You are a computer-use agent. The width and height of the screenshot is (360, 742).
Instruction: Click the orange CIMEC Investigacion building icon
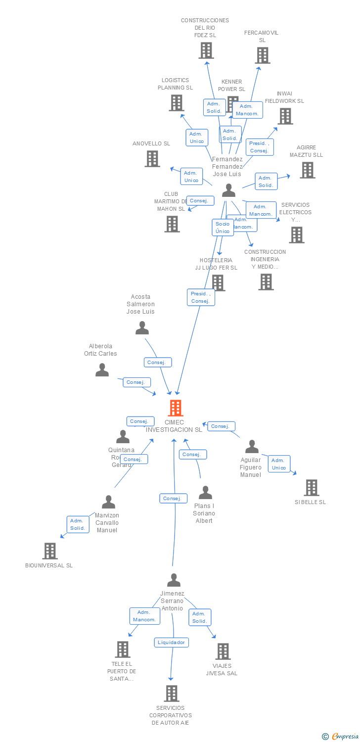point(176,408)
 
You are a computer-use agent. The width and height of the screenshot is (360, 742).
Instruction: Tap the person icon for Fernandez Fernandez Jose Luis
point(228,190)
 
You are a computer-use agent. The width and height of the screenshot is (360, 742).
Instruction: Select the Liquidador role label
point(171,643)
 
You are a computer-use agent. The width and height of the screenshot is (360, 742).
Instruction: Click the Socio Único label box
point(223,228)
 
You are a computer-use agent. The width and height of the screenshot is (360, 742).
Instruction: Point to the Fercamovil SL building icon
point(263,55)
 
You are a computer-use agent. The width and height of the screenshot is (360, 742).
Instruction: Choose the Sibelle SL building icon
point(312,488)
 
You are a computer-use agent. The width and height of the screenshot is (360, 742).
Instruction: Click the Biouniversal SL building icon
point(50,551)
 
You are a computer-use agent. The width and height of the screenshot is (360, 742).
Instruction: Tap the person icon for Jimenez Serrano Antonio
point(174,580)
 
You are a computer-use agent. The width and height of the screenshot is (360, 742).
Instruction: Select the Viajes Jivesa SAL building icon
point(223,651)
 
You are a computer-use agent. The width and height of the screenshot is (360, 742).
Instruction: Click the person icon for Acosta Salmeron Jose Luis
point(142,328)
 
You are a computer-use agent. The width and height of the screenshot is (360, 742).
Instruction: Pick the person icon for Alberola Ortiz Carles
point(102,370)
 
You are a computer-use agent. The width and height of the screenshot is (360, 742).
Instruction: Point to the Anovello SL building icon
point(152,159)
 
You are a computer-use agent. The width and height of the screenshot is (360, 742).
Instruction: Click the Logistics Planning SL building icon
point(176,103)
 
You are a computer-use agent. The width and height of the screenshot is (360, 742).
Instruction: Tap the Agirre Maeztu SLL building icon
point(308,170)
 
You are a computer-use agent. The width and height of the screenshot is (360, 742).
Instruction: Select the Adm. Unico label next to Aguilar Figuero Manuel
point(279,464)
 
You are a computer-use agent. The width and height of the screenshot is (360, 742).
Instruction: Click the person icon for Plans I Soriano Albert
point(205,493)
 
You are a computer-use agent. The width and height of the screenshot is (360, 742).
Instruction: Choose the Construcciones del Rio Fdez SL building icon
point(206,50)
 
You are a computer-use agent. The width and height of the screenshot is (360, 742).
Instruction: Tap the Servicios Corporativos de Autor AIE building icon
point(171,694)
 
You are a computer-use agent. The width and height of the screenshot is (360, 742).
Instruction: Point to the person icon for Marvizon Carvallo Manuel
point(108,502)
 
